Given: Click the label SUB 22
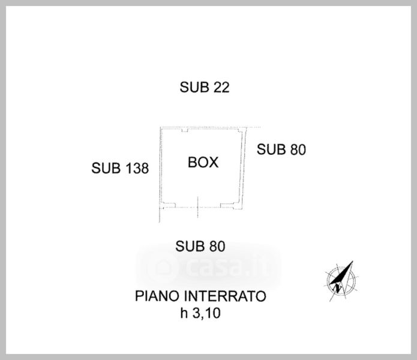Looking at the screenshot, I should pos(205,88).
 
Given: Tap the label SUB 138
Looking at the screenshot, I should pos(120,169).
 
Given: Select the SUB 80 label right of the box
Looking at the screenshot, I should pos(281,150).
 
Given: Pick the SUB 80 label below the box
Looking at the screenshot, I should pos(200,246).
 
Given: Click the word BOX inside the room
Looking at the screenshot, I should pos(203,162).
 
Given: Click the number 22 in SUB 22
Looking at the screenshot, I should pos(221,88).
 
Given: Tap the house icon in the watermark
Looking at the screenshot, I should pos(161,266).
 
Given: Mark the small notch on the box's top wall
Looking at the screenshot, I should pos(201,129).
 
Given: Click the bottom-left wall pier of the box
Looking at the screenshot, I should pos(169,206).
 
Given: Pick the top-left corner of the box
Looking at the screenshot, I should pos(160,128).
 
